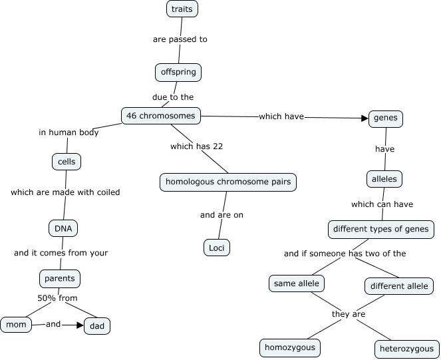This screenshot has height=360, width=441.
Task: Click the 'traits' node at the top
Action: pos(182,9)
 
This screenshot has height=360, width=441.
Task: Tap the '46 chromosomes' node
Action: pos(160,116)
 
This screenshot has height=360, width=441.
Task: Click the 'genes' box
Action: pos(385,118)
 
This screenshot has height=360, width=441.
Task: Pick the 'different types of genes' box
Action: pos(382,230)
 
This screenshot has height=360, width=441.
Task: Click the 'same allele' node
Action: pos(296,283)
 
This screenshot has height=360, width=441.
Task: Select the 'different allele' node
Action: pos(399,286)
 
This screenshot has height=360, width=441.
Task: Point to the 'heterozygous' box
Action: pos(406,349)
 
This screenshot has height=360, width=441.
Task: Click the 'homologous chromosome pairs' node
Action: pos(227,182)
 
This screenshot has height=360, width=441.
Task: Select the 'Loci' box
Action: pos(216,248)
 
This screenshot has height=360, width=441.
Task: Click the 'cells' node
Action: pos(67,162)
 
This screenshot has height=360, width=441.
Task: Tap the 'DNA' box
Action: pos(63,228)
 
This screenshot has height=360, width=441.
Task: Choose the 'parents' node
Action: pos(60,277)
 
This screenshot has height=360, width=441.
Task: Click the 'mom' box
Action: pos(13,325)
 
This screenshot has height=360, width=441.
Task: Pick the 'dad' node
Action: pos(97,326)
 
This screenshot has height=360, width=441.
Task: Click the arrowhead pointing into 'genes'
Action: pos(364,118)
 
